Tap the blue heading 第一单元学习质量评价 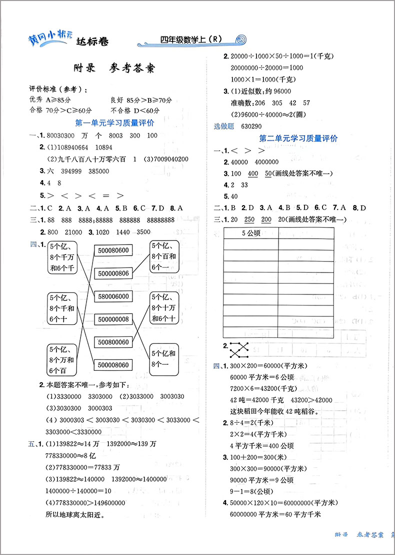coord(114,123)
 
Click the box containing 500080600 coord(113,251)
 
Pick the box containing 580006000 coord(113,296)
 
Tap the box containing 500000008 coord(113,319)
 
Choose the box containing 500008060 coord(113,365)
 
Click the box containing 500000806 coord(113,273)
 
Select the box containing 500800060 coord(113,342)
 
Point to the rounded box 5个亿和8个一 coord(163,359)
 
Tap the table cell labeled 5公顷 coord(251,233)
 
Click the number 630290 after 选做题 coord(251,127)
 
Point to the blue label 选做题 coord(223,127)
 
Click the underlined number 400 coord(253,173)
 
